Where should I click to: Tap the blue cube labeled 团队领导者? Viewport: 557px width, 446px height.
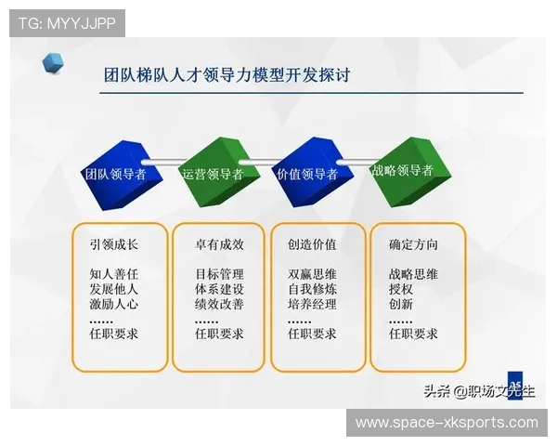point(115,172)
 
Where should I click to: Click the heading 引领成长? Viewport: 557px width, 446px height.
point(114,244)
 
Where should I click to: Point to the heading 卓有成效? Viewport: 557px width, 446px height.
point(219,244)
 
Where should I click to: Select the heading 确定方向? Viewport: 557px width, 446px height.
point(413,244)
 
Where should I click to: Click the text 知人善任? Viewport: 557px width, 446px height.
point(114,274)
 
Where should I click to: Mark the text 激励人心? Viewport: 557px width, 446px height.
point(114,304)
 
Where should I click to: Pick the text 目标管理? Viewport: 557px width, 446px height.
point(219,274)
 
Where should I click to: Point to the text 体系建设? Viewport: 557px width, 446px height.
point(219,289)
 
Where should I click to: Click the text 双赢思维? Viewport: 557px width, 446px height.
point(312,274)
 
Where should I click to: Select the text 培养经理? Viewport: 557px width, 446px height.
point(312,304)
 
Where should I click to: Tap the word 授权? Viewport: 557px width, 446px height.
point(401,289)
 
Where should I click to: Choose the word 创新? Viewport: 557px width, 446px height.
point(401,304)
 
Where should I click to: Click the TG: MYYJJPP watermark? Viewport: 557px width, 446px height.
point(67,23)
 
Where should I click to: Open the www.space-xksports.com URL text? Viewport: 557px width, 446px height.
point(446,423)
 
